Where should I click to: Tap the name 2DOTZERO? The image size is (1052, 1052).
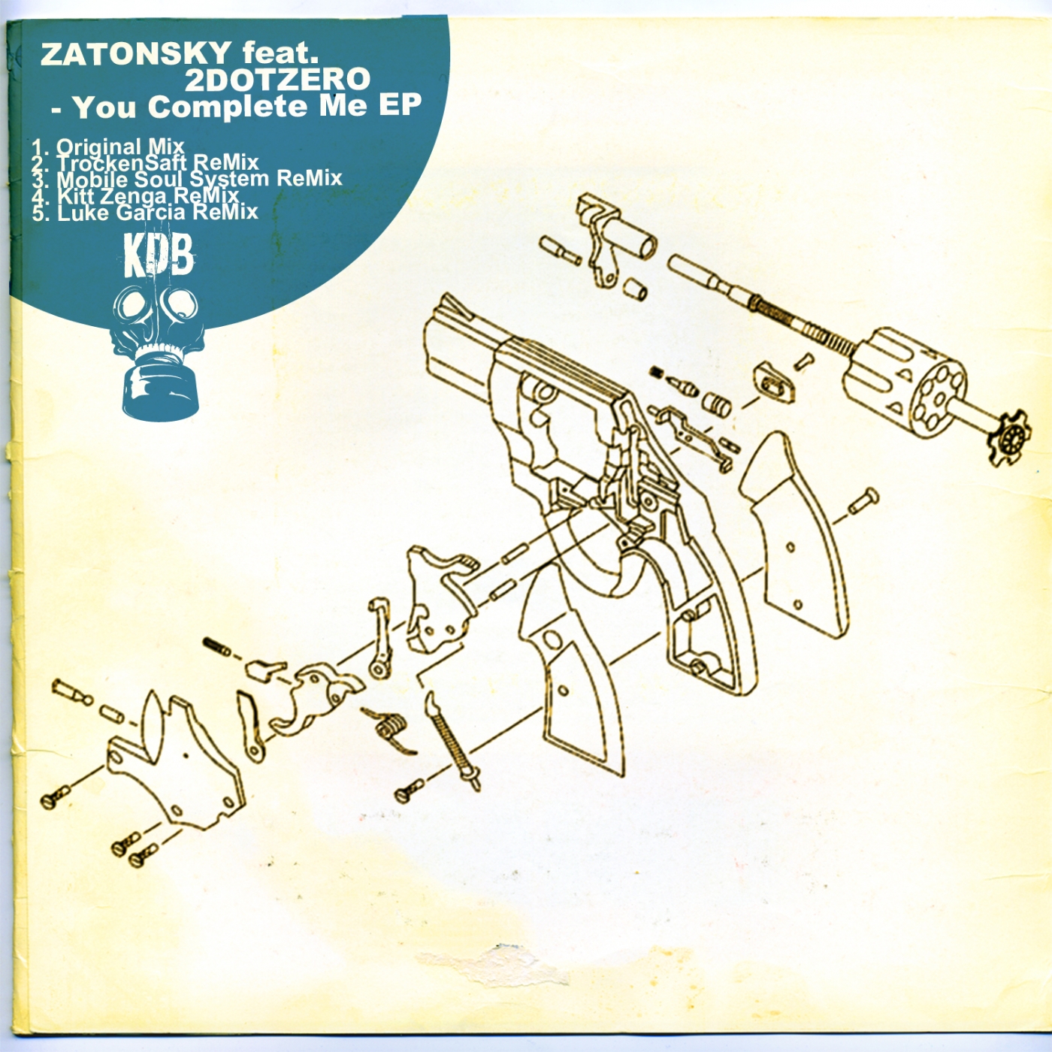277,80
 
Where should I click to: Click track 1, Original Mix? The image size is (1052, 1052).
108,147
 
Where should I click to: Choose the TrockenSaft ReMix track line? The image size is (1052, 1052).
145,163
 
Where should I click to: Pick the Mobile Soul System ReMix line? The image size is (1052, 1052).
186,179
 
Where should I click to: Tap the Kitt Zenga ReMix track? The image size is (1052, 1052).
135,195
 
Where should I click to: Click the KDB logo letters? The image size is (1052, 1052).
159,256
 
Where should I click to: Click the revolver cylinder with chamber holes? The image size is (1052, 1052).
904,383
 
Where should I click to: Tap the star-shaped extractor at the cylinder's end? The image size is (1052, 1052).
1009,437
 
